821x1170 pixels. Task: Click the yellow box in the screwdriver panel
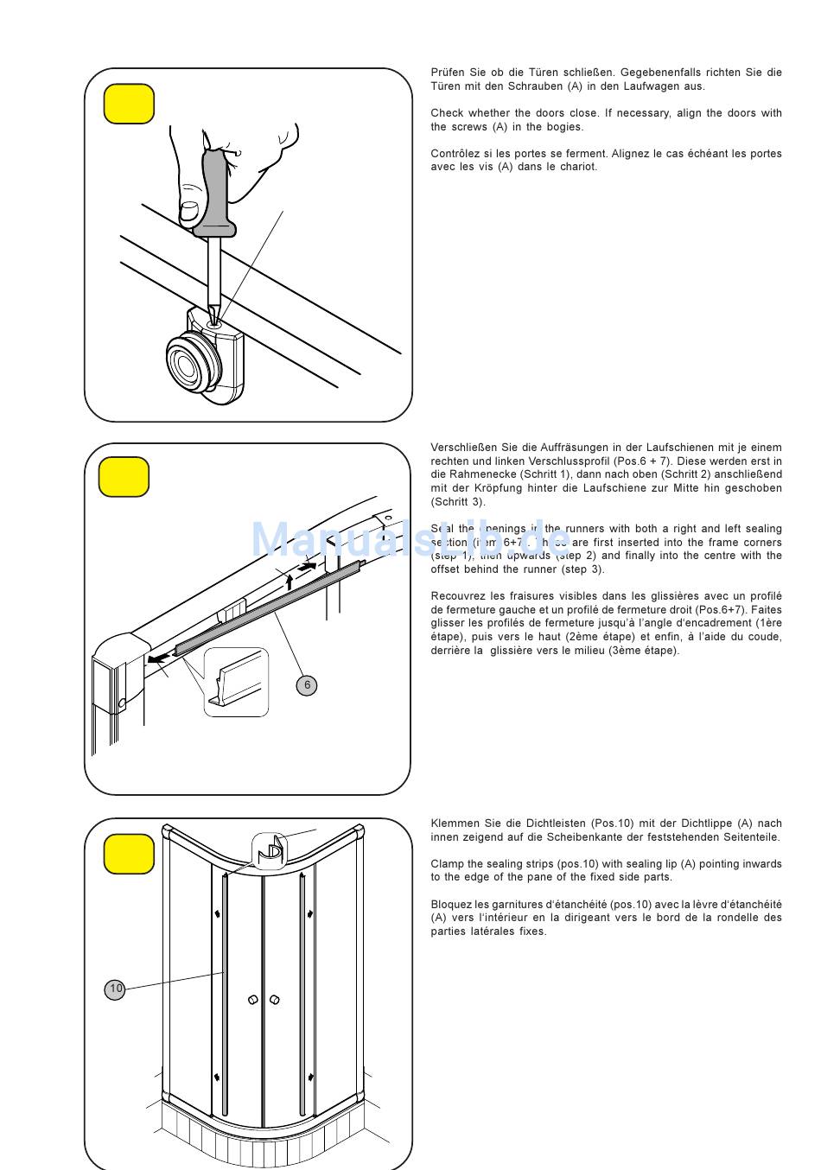[129, 104]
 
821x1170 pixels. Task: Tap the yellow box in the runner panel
[124, 477]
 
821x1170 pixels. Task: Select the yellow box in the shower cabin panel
[129, 854]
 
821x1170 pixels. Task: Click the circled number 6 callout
[307, 685]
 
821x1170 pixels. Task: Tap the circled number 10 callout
[115, 989]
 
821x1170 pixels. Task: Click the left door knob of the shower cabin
[252, 1000]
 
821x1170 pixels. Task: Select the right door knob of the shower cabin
[275, 1000]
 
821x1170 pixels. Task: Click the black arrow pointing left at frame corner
[158, 658]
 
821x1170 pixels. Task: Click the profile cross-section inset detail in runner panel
[236, 682]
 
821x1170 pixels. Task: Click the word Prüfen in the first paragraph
[449, 73]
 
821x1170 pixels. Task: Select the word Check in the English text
[447, 113]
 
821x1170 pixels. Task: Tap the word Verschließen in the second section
[463, 448]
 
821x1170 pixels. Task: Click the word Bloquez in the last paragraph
[451, 905]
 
